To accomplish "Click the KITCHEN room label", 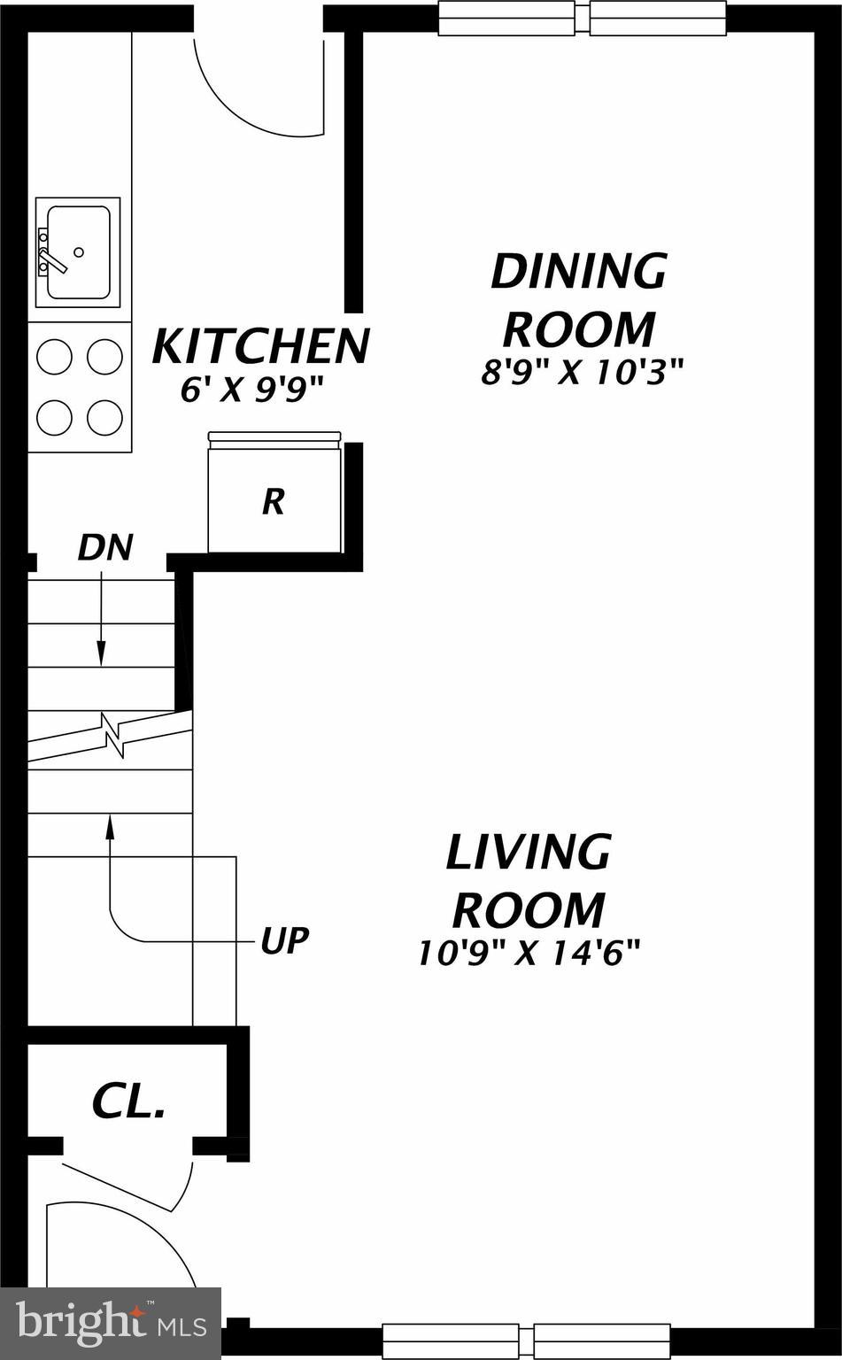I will (x=260, y=346).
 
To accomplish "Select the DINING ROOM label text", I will (x=579, y=299).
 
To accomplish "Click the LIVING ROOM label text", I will (x=529, y=880).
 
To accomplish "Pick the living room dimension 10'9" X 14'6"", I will (x=529, y=954).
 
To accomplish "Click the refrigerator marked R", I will (x=274, y=502).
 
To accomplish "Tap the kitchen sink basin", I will (x=79, y=252).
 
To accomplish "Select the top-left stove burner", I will (x=54, y=357).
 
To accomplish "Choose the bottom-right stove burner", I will (x=104, y=417).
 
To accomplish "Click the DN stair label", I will (x=104, y=548).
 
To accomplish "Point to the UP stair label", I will (x=284, y=940).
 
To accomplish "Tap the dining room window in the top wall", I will (x=583, y=19).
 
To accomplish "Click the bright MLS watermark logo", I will (x=111, y=1322).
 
